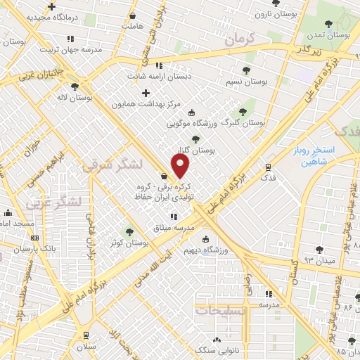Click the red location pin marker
click(x=181, y=166)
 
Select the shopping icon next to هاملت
click(x=134, y=14)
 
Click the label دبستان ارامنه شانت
click(x=159, y=77)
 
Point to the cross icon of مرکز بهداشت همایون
click(x=146, y=93)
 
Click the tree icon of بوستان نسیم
click(x=246, y=70)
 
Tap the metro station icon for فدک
click(x=267, y=167)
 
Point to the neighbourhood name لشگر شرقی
click(x=112, y=165)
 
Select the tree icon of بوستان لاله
click(x=75, y=86)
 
